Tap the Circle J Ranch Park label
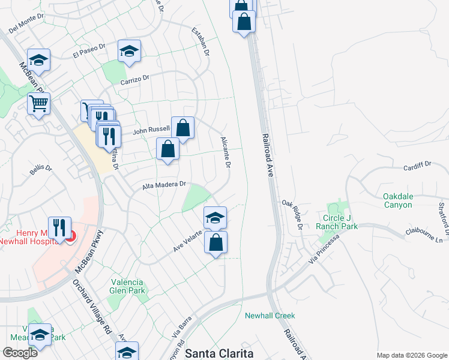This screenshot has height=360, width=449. (x=340, y=222)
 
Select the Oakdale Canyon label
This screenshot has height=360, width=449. (x=406, y=200)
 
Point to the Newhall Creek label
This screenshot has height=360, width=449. (x=270, y=316)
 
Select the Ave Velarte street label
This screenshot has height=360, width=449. (x=187, y=242)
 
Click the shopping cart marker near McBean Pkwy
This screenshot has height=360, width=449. (x=39, y=104)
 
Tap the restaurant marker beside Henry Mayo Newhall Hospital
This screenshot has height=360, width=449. (x=59, y=227)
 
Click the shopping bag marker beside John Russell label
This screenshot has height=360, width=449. (x=183, y=128)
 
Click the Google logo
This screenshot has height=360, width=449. (x=20, y=352)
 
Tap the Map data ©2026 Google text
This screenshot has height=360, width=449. (x=411, y=355)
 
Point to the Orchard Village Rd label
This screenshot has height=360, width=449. (x=93, y=306)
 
